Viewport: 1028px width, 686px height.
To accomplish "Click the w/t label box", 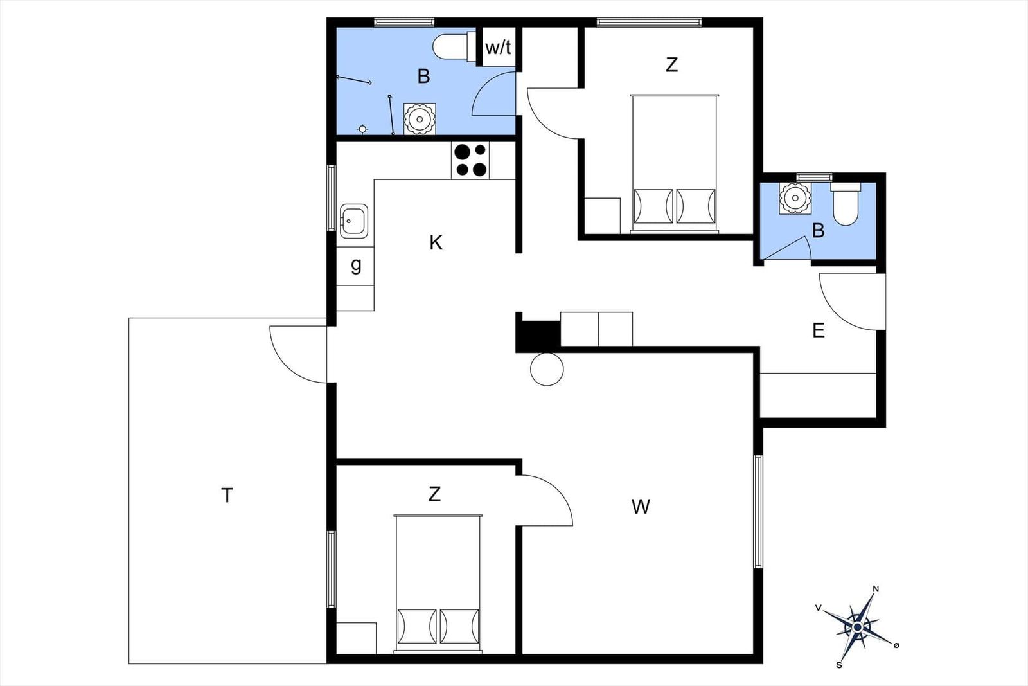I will tap(498, 47).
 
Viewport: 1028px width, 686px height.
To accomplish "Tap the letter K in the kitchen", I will tap(436, 243).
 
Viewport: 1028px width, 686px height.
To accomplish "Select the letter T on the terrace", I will tap(227, 496).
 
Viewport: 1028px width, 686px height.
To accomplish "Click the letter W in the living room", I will tap(641, 507).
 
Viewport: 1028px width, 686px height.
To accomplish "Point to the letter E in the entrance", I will tap(818, 330).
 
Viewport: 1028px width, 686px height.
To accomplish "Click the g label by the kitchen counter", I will tap(356, 265).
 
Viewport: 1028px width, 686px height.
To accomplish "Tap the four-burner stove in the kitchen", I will tap(470, 160).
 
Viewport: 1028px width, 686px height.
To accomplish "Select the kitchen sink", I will tap(354, 221).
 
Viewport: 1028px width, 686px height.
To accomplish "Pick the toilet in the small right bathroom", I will tap(846, 204).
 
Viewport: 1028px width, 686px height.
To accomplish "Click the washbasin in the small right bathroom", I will tap(795, 197).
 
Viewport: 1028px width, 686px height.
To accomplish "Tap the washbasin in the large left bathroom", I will tap(419, 119).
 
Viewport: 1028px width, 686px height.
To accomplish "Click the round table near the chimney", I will tap(547, 369).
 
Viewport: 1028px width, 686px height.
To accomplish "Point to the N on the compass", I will tap(875, 589).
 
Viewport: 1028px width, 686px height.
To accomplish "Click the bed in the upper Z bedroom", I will tap(674, 163).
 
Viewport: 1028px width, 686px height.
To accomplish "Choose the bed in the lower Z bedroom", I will tap(438, 583).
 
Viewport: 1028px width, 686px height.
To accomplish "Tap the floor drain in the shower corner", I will tap(362, 129).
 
